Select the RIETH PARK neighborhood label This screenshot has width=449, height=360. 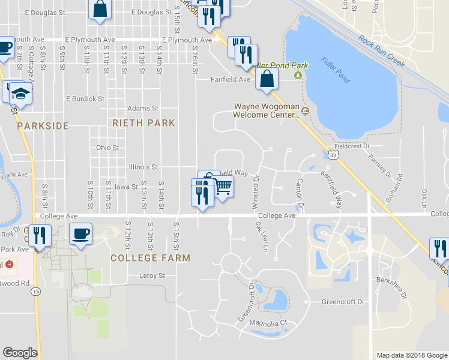pyautogui.click(x=143, y=123)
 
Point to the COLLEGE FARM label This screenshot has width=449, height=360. pyautogui.click(x=150, y=258)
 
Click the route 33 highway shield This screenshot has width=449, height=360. pyautogui.click(x=334, y=155)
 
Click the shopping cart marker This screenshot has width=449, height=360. pyautogui.click(x=222, y=187)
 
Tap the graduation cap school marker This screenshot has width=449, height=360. pyautogui.click(x=21, y=94)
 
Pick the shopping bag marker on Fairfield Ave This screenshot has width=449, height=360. pyautogui.click(x=266, y=79)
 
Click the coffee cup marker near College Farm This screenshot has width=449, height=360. pyautogui.click(x=80, y=233)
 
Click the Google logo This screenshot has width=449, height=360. pyautogui.click(x=20, y=353)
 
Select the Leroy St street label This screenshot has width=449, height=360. pyautogui.click(x=152, y=276)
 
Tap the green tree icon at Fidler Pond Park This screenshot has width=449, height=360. pyautogui.click(x=298, y=75)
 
